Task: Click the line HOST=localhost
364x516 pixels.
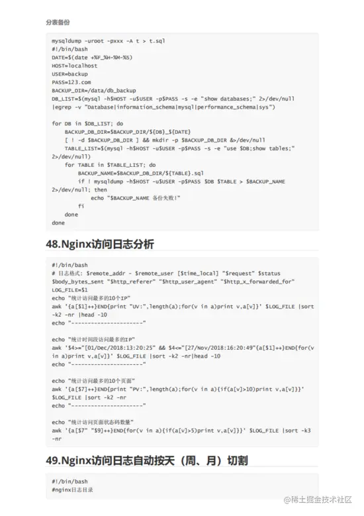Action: pos(74,66)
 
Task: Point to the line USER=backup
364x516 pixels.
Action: pos(70,74)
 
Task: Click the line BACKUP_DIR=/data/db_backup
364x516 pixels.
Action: pos(93,90)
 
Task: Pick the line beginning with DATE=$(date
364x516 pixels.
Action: pos(91,57)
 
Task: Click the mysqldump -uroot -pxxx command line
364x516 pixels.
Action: pos(108,40)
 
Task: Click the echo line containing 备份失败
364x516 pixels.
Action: pos(135,197)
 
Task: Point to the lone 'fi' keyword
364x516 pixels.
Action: pos(81,206)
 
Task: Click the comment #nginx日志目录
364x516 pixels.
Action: pos(72,490)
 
